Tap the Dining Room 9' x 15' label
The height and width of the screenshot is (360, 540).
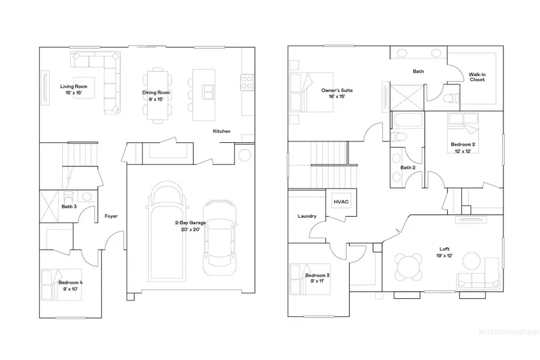[x=156, y=95]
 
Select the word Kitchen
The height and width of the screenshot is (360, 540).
[x=221, y=131]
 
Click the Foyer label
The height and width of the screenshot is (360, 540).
[x=111, y=216]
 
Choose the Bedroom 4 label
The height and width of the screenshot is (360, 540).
[x=71, y=284]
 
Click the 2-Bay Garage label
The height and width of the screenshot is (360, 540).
[x=190, y=226]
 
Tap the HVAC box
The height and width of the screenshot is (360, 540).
[x=340, y=203]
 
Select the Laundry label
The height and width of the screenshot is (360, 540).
[x=307, y=216]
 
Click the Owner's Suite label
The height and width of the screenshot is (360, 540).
[x=337, y=94]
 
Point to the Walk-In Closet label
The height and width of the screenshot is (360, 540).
[x=477, y=77]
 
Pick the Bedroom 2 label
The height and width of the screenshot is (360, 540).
[x=463, y=148]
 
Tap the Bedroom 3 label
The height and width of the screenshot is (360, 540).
[x=317, y=279]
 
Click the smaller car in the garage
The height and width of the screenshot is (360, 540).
[x=218, y=238]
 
